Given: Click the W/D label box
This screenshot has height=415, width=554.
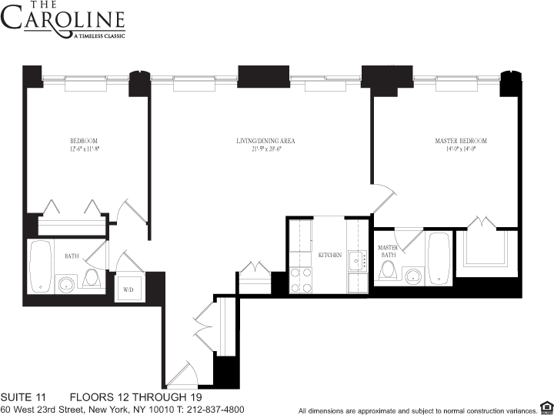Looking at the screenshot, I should point(128,289).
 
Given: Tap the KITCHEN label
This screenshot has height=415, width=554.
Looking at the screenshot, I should point(330,254).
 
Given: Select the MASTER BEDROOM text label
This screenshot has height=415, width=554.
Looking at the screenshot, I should point(461,141).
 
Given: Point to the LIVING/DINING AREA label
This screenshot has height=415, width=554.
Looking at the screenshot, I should point(265,141).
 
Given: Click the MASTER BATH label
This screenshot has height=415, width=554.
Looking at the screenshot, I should point(388,251).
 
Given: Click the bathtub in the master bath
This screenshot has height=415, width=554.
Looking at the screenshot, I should point(439,258).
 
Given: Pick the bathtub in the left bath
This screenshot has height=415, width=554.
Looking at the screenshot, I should point(40,266).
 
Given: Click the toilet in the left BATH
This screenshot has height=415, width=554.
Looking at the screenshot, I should point(93,279).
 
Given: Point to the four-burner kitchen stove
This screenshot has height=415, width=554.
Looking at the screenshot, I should point(300,280).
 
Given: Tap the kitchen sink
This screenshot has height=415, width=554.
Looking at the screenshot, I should point(356,261).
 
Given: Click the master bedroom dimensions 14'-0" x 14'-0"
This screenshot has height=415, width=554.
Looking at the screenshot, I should point(461,149).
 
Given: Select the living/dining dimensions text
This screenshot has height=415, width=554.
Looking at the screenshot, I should point(265,149).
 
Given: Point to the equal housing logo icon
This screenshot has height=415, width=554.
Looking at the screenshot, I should point(546,407).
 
